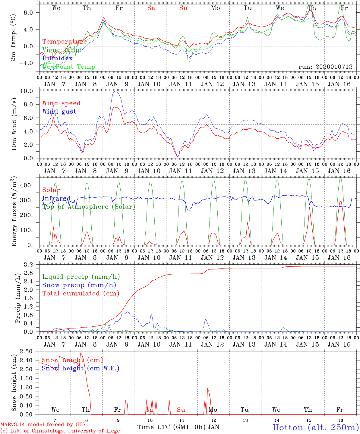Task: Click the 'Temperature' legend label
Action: [x=64, y=42]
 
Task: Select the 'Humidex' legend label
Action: [x=57, y=58]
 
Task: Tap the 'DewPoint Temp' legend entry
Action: [x=69, y=67]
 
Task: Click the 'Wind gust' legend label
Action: [x=59, y=112]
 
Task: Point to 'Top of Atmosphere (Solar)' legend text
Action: [x=89, y=207]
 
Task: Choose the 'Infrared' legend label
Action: [x=56, y=198]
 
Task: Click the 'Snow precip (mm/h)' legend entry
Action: [x=79, y=285]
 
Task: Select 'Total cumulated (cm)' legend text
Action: [x=81, y=293]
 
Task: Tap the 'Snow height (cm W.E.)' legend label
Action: [x=80, y=368]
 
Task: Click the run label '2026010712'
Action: [x=326, y=67]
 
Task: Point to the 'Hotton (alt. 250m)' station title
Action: [x=315, y=427]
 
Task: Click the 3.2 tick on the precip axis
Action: [x=31, y=265]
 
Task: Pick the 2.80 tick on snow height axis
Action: [x=30, y=351]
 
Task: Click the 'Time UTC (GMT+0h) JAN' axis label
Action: [x=178, y=427]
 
